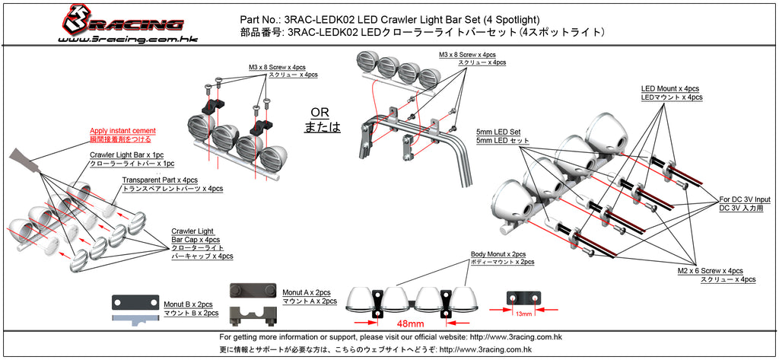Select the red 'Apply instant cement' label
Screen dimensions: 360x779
coord(122,131)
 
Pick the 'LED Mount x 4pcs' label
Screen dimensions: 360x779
coord(669,88)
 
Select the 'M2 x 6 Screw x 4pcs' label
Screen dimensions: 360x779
coord(710,271)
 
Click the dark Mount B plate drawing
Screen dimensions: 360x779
coord(135,303)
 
